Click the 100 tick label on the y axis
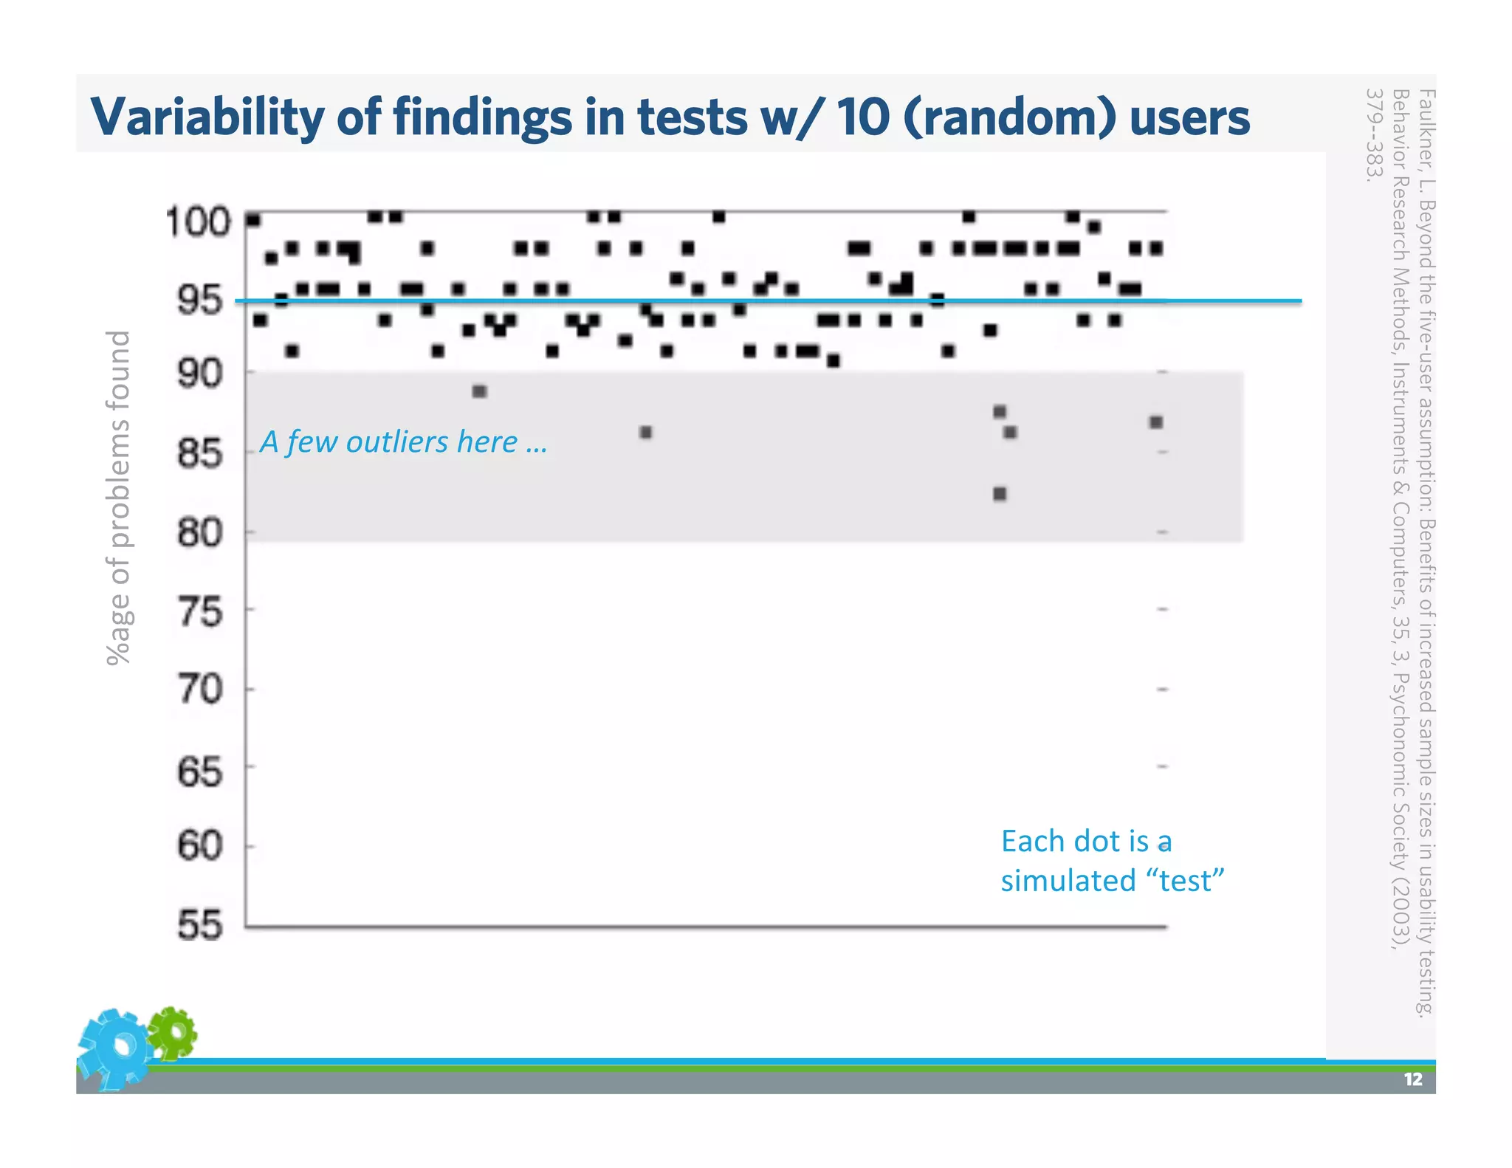coord(198,221)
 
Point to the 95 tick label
coord(199,300)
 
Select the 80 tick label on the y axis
coord(199,532)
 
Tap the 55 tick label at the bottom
coord(199,925)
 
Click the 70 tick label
coord(199,689)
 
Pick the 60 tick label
coord(199,845)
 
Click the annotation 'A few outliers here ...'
coord(403,442)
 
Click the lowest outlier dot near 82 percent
coord(1000,493)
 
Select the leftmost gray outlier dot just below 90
coord(479,391)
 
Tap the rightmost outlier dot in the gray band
coord(1156,422)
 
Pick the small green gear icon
coord(173,1031)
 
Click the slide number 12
coord(1412,1079)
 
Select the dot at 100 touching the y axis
coord(253,220)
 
